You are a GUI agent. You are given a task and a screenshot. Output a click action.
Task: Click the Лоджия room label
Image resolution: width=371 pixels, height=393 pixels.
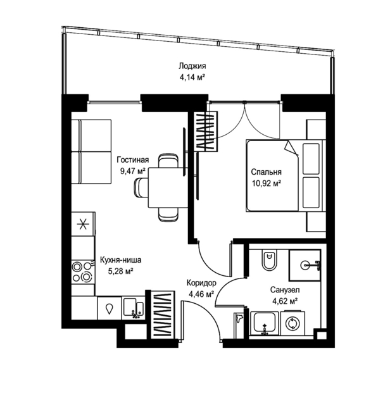(x=192, y=66)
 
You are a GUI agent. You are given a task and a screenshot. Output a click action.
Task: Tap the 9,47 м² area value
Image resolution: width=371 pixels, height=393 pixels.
(x=133, y=172)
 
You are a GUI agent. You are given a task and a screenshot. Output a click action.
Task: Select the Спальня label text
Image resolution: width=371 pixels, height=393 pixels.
(x=266, y=172)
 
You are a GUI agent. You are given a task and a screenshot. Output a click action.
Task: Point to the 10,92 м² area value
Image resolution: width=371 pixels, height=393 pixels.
(x=266, y=184)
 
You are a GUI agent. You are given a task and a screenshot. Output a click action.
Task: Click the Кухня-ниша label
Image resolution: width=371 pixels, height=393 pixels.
(x=120, y=260)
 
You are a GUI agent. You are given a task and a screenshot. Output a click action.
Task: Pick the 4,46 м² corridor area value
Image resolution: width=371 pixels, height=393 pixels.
(x=201, y=294)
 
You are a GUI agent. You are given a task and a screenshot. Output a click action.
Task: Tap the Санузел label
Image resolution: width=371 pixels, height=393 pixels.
(x=285, y=290)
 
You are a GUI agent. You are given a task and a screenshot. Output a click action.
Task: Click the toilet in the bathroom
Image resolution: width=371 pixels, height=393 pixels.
(x=269, y=260)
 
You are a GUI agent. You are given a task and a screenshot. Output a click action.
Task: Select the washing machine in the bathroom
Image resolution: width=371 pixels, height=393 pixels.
(x=292, y=323)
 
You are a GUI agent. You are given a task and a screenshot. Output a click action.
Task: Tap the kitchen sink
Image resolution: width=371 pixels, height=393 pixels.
(x=134, y=308)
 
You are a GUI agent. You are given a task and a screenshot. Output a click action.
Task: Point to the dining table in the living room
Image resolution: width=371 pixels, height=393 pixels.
(x=168, y=188)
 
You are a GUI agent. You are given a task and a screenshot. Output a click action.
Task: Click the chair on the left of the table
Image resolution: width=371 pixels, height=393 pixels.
(x=141, y=188)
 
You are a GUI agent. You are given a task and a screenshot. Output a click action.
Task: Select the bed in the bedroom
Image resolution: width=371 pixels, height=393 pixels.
(x=286, y=175)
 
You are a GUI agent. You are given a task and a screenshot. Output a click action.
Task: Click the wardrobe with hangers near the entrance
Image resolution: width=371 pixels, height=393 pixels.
(x=163, y=315)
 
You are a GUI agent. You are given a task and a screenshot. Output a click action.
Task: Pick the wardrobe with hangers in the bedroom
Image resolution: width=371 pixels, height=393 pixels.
(x=206, y=132)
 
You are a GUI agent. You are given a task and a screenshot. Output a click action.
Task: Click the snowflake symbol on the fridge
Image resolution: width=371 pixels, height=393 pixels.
(x=83, y=224)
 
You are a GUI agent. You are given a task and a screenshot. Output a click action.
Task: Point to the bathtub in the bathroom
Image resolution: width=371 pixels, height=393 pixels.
(x=265, y=323)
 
